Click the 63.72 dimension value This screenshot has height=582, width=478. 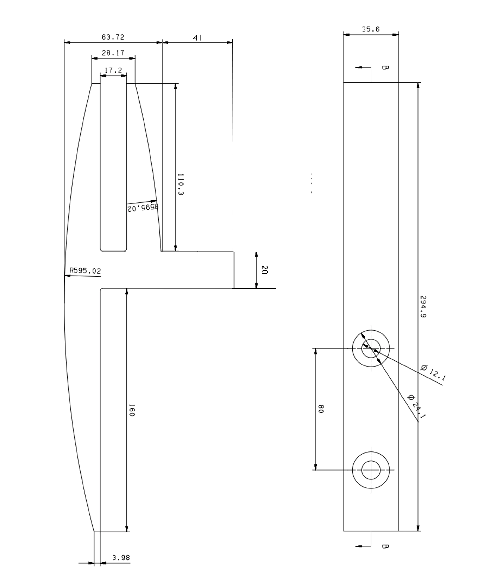point(113,37)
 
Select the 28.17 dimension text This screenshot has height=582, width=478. point(113,53)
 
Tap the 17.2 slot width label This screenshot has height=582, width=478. point(113,70)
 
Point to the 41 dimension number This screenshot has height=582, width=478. point(197,38)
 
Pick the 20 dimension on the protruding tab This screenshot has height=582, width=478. point(264,270)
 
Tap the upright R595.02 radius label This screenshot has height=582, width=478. point(85,271)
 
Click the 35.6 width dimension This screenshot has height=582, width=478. point(371,29)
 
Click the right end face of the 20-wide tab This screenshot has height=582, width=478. point(234,270)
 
